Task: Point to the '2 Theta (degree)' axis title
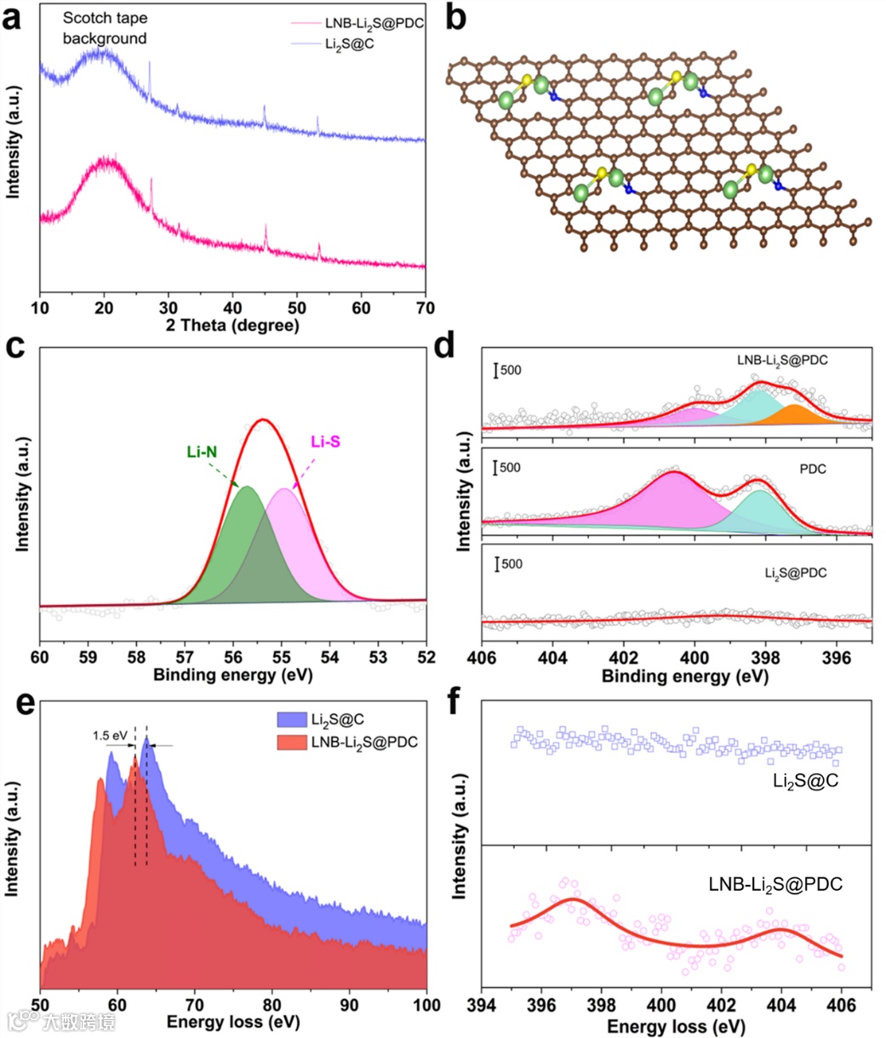point(232,326)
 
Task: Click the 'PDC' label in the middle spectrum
point(814,469)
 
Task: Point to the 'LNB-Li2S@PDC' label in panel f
point(775,886)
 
